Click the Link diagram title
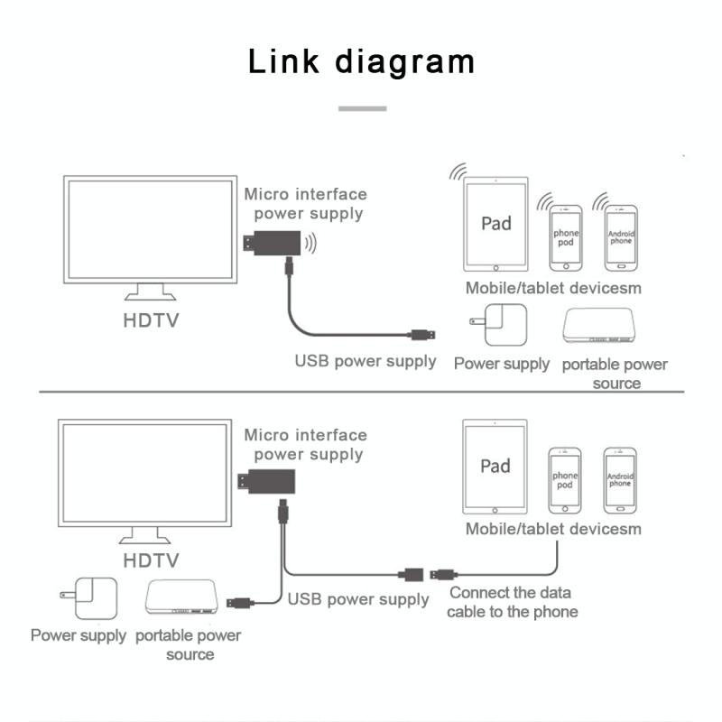tap(361, 62)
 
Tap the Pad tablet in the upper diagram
tap(495, 224)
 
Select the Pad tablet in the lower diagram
tap(495, 467)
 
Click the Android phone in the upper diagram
tap(621, 237)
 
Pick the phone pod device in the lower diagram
tap(565, 480)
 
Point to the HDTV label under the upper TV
tap(152, 319)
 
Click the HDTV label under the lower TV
tap(152, 560)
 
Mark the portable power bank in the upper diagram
tap(603, 327)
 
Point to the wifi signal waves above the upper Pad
tap(458, 171)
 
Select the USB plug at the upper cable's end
tap(421, 335)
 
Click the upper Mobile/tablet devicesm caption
tap(552, 288)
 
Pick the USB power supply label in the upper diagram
tap(366, 361)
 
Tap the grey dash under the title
tap(362, 108)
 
